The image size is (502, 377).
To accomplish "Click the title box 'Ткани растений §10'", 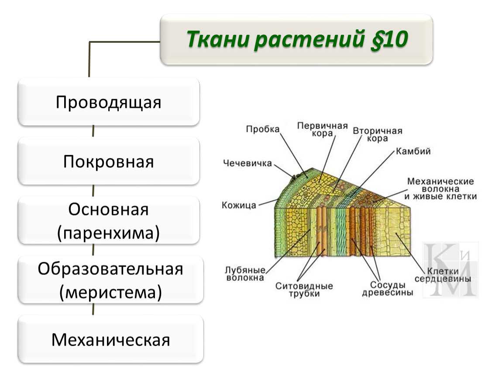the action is [296, 39].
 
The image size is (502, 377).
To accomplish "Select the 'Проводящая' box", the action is [109, 102].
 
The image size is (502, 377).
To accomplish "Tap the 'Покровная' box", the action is [109, 161].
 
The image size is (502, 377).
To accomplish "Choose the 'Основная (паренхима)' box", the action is [109, 220].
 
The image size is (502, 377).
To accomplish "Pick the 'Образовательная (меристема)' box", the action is [110, 280].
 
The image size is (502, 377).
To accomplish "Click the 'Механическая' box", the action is [110, 339].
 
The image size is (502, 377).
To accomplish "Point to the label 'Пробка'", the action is [263, 129].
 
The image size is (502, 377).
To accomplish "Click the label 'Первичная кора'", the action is [323, 129].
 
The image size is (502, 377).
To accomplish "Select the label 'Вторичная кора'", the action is [378, 134].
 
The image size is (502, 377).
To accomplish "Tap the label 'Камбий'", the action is [413, 151].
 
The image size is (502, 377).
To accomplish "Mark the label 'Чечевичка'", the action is [248, 163].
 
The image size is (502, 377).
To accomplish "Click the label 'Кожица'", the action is [239, 205].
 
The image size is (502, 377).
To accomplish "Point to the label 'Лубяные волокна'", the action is [245, 274].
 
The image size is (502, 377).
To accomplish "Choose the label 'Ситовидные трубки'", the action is [304, 290].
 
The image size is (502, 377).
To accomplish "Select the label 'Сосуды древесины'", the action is [387, 288].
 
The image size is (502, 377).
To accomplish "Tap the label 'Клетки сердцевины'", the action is [443, 275].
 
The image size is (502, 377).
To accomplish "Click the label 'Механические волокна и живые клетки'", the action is [440, 189].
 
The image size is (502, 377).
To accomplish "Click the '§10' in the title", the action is [389, 39].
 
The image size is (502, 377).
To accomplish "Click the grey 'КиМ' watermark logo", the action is [451, 270].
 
